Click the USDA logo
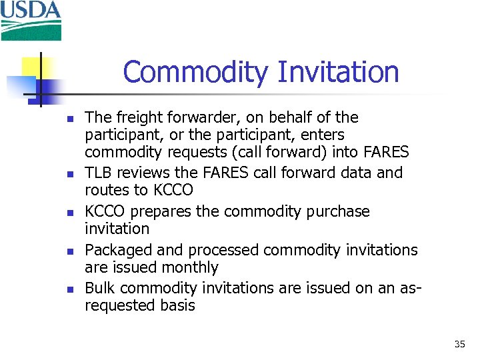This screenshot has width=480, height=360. click(31, 20)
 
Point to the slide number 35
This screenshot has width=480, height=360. click(459, 344)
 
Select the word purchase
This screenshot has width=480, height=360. click(336, 211)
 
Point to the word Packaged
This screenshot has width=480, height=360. click(117, 250)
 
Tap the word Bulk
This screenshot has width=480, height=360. click(100, 289)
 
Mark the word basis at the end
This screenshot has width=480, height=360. click(175, 306)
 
